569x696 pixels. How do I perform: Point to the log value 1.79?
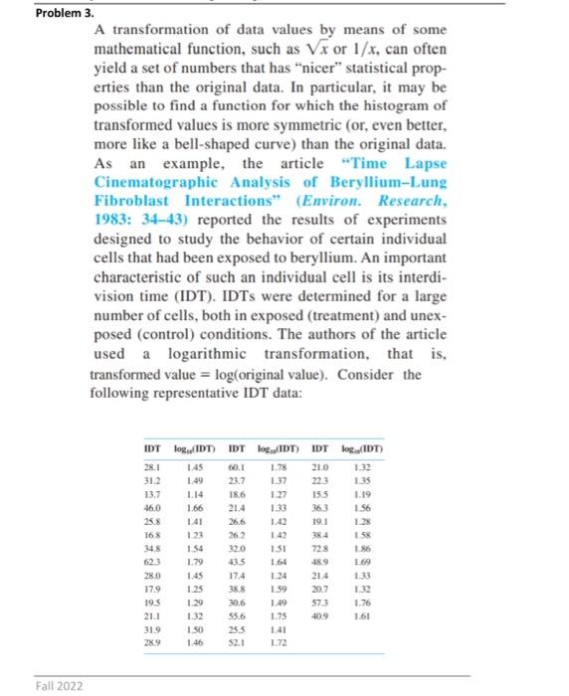click(x=193, y=563)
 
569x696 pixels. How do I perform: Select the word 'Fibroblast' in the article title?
click(x=135, y=199)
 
